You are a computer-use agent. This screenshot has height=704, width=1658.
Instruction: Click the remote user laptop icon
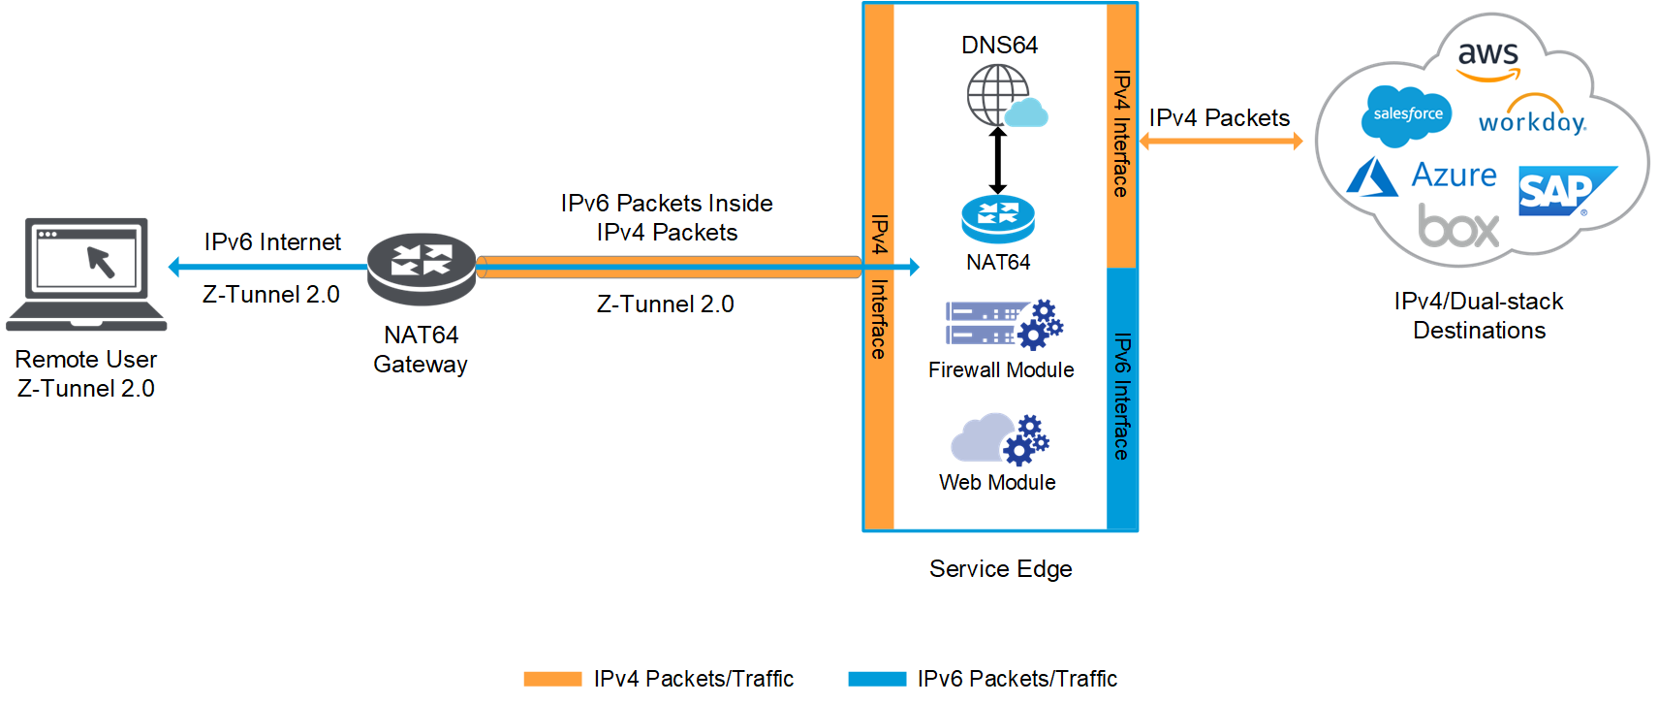tap(87, 273)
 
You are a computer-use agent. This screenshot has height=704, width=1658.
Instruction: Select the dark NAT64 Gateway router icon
tap(422, 268)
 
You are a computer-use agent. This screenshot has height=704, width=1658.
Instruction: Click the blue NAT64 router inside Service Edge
tap(998, 219)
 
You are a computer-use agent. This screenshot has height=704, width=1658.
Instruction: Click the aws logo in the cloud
tap(1487, 58)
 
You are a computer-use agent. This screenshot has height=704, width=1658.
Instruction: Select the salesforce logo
tap(1407, 115)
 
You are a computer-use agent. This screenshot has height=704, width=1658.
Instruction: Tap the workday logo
tap(1532, 117)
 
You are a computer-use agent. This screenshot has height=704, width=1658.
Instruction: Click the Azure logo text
tap(1453, 176)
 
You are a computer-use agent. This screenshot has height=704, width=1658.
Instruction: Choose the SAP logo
tap(1562, 191)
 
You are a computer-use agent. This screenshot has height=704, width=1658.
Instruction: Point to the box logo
tap(1458, 227)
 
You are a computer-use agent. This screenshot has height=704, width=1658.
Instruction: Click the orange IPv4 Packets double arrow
tap(1220, 142)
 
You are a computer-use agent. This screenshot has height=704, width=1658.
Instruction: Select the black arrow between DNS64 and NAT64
tap(998, 160)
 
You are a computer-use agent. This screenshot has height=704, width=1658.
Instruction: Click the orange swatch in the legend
tap(552, 679)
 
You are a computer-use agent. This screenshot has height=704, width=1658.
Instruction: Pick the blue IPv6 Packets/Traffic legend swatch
tap(877, 679)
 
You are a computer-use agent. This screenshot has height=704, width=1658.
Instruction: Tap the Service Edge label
tap(1000, 568)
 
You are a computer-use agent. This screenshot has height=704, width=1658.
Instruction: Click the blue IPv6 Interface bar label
tap(1121, 397)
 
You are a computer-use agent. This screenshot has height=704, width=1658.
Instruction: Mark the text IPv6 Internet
tap(272, 241)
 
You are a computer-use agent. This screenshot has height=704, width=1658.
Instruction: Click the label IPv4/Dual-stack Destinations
tap(1479, 315)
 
